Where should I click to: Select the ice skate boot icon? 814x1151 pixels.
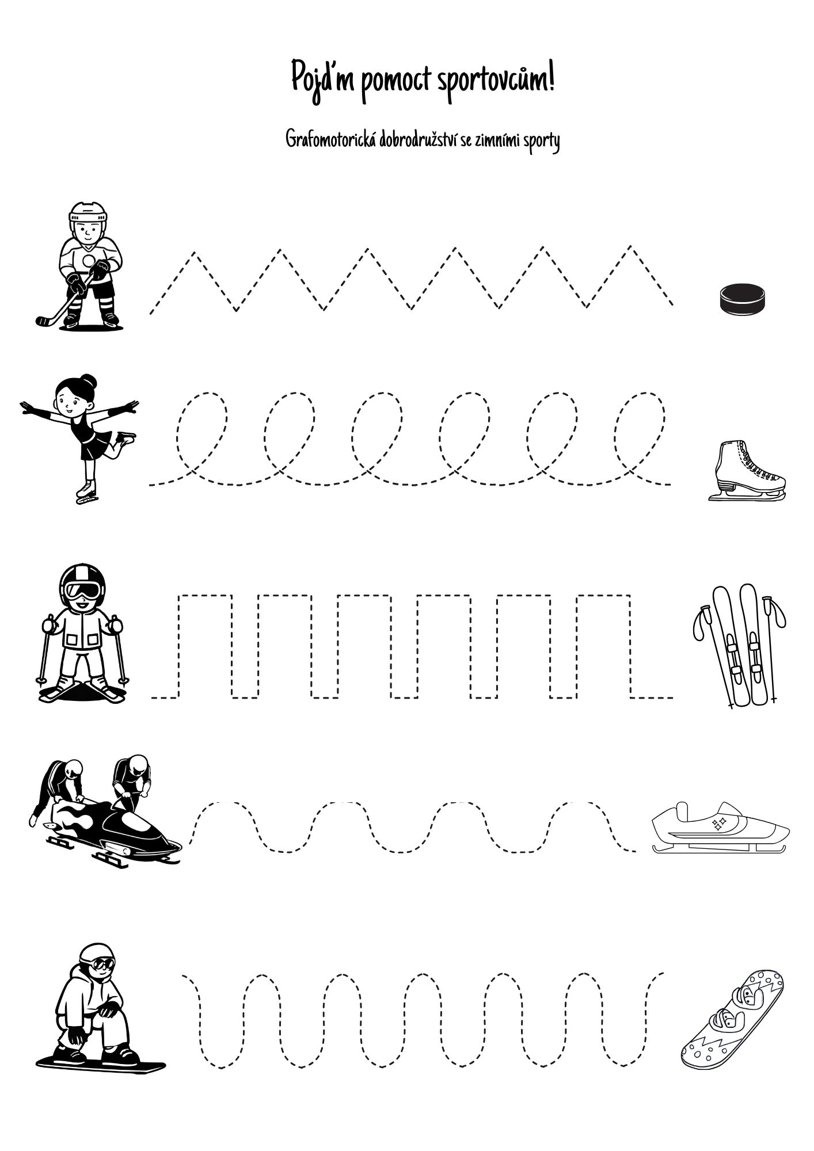click(x=746, y=470)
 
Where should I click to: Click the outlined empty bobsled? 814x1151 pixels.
click(x=720, y=828)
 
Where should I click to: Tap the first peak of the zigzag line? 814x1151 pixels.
click(x=194, y=253)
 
